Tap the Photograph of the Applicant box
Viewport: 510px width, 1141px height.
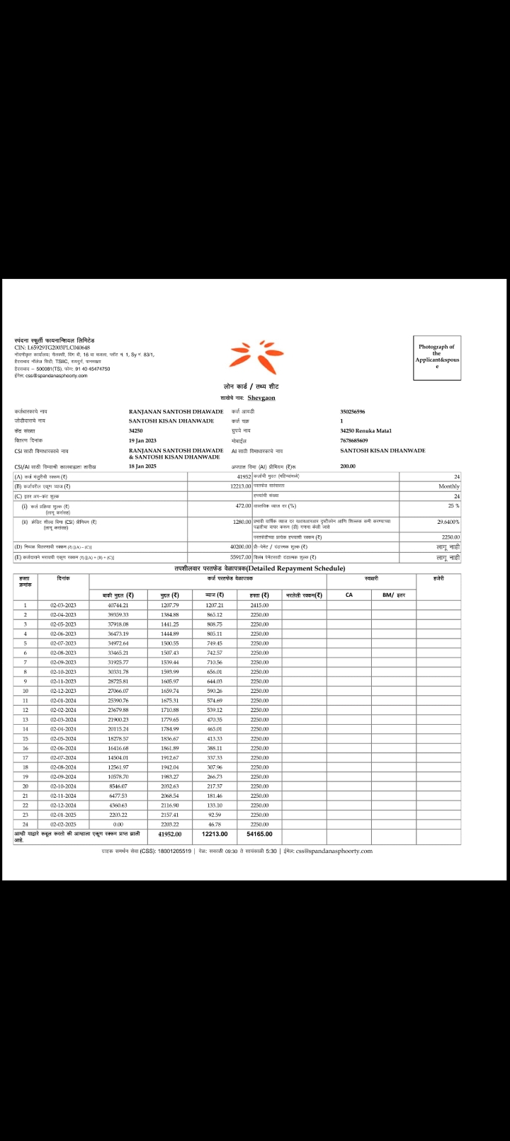[x=437, y=357]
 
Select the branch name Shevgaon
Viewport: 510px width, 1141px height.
[x=262, y=398]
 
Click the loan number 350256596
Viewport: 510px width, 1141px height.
[x=353, y=411]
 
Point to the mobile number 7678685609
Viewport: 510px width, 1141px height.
[x=354, y=440]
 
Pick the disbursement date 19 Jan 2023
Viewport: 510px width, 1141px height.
[x=146, y=440]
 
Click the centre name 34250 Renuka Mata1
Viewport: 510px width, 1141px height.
[x=365, y=430]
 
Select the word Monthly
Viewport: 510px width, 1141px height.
[x=448, y=486]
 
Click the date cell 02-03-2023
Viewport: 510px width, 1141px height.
[x=62, y=605]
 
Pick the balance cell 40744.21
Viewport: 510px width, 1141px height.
[x=118, y=605]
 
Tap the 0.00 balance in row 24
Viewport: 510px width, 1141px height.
[x=118, y=824]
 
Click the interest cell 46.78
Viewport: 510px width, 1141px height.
[x=214, y=824]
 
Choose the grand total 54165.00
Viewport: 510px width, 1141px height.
[x=260, y=834]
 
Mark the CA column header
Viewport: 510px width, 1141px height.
[x=348, y=595]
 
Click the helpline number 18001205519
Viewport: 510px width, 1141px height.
[x=174, y=851]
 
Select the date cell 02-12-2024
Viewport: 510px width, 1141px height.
[x=62, y=805]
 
